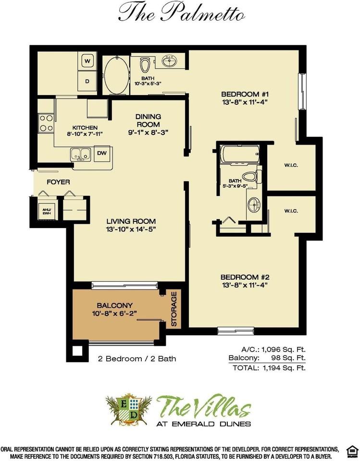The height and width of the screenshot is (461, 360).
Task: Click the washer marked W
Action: pyautogui.click(x=87, y=61)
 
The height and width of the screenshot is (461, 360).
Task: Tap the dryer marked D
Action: pyautogui.click(x=87, y=81)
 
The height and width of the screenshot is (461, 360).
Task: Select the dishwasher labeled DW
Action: pyautogui.click(x=102, y=153)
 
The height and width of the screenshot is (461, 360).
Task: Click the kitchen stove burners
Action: pyautogui.click(x=46, y=123)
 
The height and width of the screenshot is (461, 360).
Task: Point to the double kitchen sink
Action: pyautogui.click(x=80, y=155)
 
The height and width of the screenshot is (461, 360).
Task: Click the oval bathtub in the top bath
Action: pyautogui.click(x=117, y=75)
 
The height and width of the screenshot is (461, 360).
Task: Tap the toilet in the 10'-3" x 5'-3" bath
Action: pyautogui.click(x=145, y=65)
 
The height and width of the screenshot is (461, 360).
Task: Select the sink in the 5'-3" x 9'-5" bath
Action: pyautogui.click(x=254, y=205)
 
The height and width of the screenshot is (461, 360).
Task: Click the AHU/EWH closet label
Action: pyautogui.click(x=47, y=211)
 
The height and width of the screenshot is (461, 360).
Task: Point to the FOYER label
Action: pyautogui.click(x=58, y=182)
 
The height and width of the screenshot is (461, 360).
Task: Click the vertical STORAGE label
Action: pyautogui.click(x=174, y=309)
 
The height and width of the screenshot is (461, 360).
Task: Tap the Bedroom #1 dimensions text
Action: pyautogui.click(x=245, y=102)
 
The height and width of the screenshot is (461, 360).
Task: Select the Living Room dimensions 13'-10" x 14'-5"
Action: pyautogui.click(x=131, y=229)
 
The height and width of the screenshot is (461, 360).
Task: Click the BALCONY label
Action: pyautogui.click(x=114, y=305)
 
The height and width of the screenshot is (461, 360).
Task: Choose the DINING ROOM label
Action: pyautogui.click(x=148, y=121)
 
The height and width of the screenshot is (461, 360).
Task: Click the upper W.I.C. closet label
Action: pyautogui.click(x=291, y=165)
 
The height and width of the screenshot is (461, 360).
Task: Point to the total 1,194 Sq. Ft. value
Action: pyautogui.click(x=283, y=367)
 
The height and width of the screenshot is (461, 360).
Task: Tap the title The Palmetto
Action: pyautogui.click(x=181, y=13)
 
